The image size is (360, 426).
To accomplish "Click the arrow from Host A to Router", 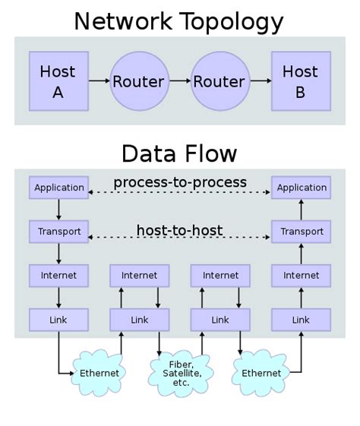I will click(x=98, y=80).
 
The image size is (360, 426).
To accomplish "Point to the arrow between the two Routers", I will click(x=179, y=80).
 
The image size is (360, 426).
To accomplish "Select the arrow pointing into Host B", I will click(x=261, y=80).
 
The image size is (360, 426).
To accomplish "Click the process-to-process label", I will click(x=179, y=182).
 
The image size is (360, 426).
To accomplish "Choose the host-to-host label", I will click(x=179, y=229).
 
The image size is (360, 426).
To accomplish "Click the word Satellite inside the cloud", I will click(x=179, y=373).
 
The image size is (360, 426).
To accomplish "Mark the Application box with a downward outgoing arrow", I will click(x=58, y=187).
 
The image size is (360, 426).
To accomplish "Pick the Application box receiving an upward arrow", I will click(x=301, y=187).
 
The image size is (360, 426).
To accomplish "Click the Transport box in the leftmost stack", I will click(x=58, y=231).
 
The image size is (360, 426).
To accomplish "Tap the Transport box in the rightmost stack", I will click(x=301, y=231).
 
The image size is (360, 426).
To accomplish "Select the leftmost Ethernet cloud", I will click(x=99, y=373).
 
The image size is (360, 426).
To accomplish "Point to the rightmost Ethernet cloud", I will click(x=261, y=373).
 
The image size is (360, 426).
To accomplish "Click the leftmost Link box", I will click(x=58, y=320).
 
